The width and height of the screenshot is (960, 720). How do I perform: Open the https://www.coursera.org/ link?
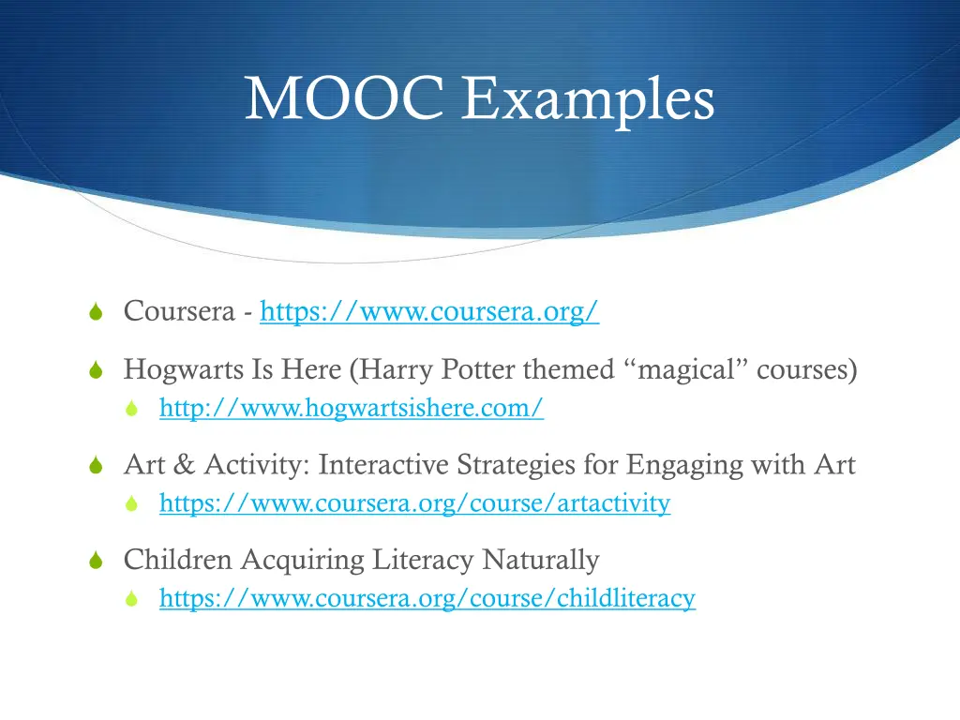(x=429, y=311)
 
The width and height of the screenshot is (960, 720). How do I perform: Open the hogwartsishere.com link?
(x=352, y=408)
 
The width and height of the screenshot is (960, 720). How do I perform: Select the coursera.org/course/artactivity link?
(x=414, y=503)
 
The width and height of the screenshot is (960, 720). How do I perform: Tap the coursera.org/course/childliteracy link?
(x=427, y=597)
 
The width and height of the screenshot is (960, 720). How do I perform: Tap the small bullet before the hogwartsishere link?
(x=133, y=409)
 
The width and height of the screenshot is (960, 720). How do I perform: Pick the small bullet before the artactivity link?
(x=133, y=504)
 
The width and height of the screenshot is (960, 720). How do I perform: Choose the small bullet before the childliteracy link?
(x=133, y=598)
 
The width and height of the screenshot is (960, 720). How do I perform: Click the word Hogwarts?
(x=184, y=370)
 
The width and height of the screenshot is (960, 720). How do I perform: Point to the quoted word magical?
(x=682, y=370)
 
